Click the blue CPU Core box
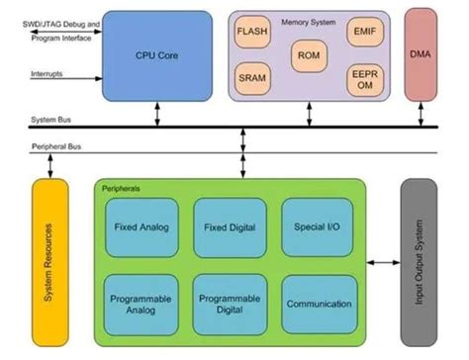point(157,54)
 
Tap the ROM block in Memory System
point(307,55)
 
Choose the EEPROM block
point(361,79)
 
